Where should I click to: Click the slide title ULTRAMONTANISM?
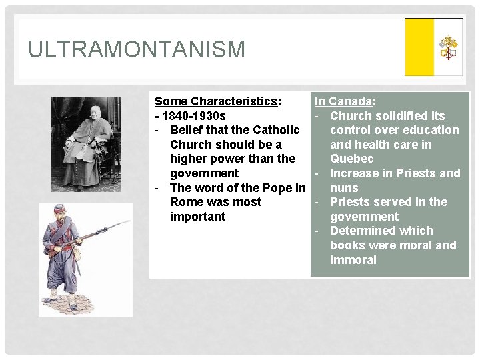click(x=137, y=49)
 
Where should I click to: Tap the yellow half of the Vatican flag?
click(x=419, y=47)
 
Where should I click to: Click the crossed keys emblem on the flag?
click(x=448, y=47)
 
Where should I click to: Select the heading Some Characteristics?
click(x=216, y=101)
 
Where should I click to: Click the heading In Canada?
click(x=343, y=101)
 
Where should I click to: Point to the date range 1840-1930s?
click(x=193, y=116)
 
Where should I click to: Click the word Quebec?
click(x=351, y=159)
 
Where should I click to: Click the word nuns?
click(x=344, y=188)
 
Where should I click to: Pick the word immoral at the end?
click(x=353, y=260)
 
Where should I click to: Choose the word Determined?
click(x=364, y=231)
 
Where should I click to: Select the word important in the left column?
click(x=197, y=217)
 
